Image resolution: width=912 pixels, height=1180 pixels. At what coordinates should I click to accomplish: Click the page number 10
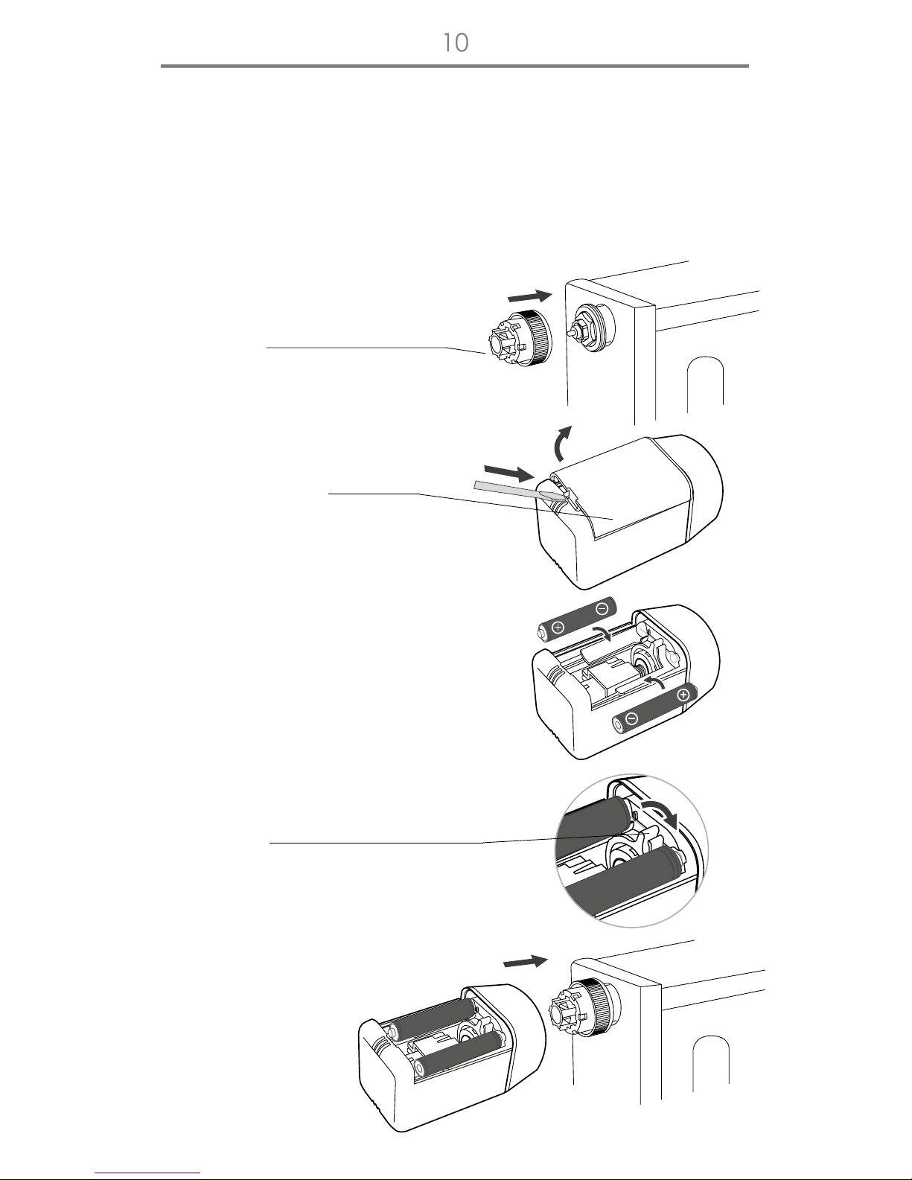456,42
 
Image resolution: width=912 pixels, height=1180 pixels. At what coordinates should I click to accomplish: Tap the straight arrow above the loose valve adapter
530,296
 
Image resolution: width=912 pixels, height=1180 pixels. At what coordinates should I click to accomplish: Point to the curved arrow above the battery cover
561,443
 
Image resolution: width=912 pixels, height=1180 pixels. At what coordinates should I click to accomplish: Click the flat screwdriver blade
520,491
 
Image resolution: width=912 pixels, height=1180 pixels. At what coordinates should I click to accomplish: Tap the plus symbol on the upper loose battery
558,628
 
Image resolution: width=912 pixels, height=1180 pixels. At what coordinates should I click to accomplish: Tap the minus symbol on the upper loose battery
602,608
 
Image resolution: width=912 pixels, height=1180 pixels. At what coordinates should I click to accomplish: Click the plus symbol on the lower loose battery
683,695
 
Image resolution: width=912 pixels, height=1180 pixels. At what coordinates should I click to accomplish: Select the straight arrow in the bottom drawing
526,962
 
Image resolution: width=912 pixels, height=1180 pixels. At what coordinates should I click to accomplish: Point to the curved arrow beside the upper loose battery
602,633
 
